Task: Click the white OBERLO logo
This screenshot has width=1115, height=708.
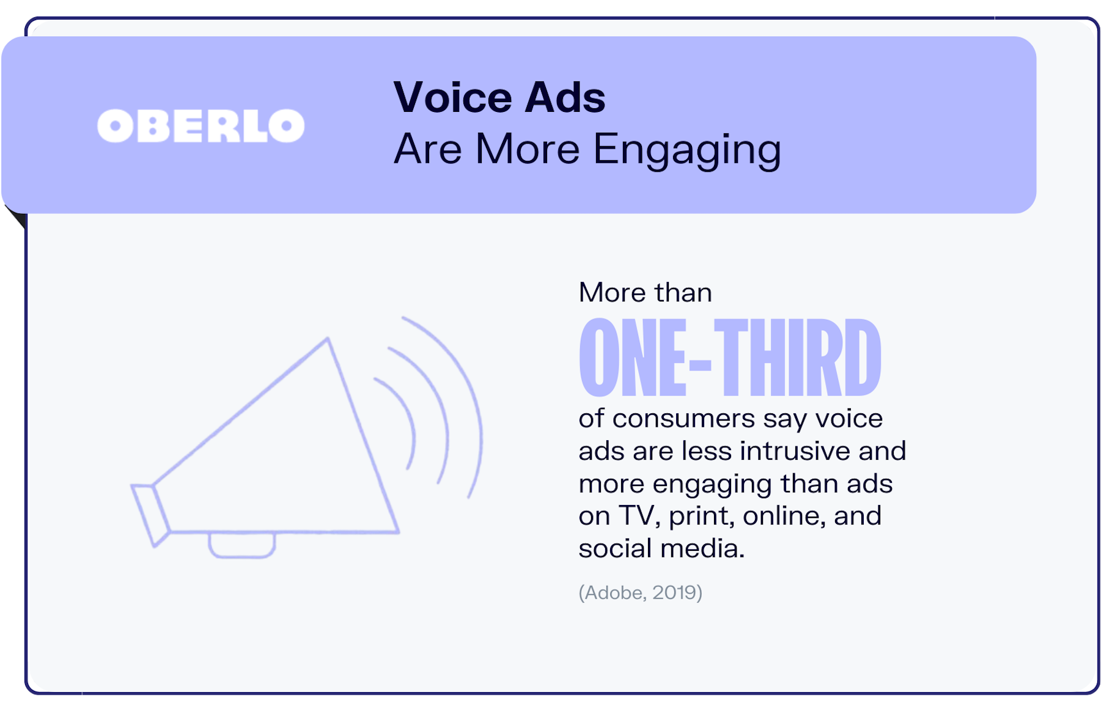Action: tap(201, 126)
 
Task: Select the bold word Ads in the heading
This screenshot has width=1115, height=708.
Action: tap(565, 97)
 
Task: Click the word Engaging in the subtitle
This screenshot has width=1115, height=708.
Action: tap(687, 150)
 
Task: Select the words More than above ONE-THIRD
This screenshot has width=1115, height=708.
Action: tap(646, 292)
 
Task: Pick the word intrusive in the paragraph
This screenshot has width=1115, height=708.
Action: tap(795, 451)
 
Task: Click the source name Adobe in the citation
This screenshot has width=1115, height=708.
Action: tap(613, 592)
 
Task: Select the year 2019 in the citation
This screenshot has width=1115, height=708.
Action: tap(674, 592)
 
